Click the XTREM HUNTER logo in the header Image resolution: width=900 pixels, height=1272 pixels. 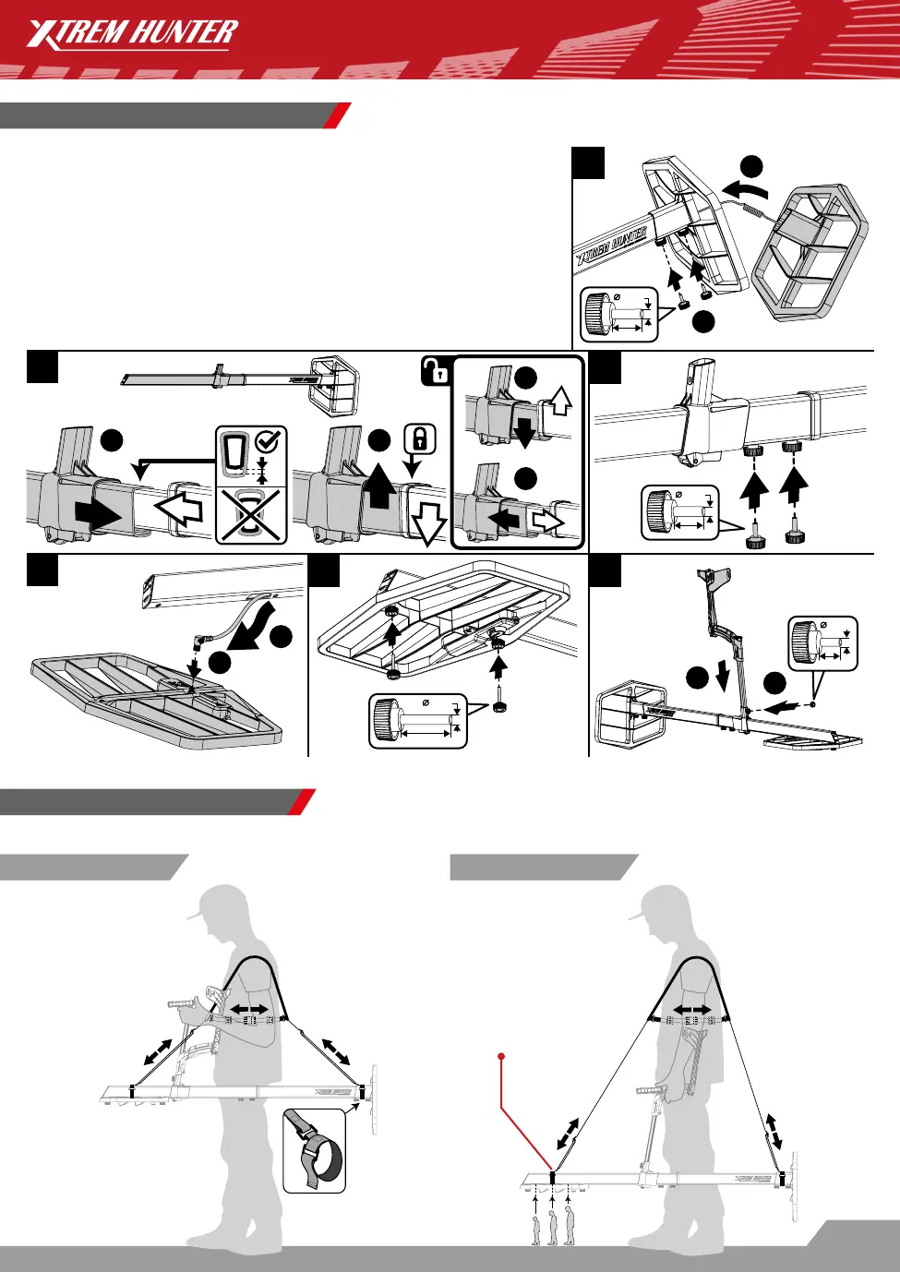(x=132, y=35)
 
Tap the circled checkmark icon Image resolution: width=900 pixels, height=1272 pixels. (x=270, y=441)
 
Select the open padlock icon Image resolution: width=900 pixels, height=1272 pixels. (x=435, y=371)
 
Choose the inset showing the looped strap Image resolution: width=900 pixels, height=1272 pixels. (x=314, y=1150)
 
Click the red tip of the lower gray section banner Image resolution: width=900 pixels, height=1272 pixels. (x=302, y=802)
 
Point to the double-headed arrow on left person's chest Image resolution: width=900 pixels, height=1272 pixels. (x=249, y=1008)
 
